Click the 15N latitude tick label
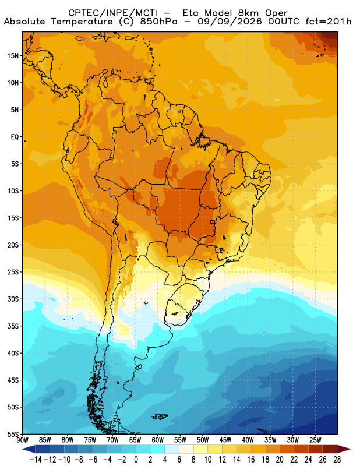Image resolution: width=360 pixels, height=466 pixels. [x=13, y=56]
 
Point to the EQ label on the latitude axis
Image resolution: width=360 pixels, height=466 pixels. [x=15, y=137]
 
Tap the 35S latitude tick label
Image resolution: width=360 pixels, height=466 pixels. [x=13, y=326]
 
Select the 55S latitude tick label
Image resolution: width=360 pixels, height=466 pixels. [x=13, y=435]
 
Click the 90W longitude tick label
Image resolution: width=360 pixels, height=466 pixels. [x=23, y=440]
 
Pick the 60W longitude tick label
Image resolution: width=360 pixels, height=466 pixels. [x=157, y=440]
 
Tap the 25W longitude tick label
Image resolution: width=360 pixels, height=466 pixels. [x=315, y=440]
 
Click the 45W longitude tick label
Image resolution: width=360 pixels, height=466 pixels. [x=225, y=440]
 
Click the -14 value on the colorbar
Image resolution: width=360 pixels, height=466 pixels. [x=36, y=460]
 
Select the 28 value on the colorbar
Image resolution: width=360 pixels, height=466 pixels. [x=337, y=460]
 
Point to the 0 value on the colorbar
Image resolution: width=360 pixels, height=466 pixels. [x=136, y=460]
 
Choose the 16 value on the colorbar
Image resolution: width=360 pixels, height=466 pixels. [x=251, y=460]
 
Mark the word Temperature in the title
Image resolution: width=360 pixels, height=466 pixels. [x=82, y=22]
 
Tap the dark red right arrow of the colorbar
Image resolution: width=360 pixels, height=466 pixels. [x=344, y=449]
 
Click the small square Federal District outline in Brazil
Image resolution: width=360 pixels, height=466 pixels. [x=213, y=222]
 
